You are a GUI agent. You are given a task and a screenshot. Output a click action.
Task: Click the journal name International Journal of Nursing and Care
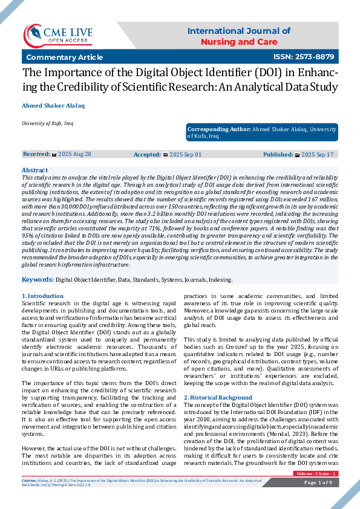[x=238, y=36]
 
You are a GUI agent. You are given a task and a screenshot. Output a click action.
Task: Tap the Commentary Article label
[x=64, y=57]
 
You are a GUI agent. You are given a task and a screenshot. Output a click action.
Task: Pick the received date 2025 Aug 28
[x=74, y=154]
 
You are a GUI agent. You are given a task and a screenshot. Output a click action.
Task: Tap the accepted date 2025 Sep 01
[x=185, y=155]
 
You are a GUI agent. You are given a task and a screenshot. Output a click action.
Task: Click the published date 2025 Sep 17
[x=317, y=155]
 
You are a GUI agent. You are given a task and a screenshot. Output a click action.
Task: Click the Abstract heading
[x=34, y=170]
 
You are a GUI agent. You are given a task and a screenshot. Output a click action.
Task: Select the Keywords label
[x=38, y=280]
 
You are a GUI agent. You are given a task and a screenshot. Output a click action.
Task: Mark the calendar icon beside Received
[x=54, y=155]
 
